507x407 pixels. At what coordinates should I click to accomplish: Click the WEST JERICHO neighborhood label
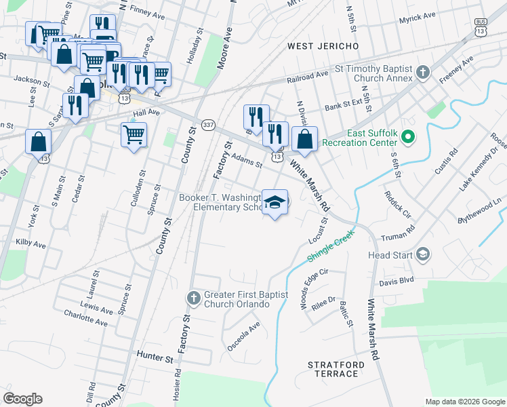click(323, 46)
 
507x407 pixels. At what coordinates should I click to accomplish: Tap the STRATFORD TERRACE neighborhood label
click(336, 369)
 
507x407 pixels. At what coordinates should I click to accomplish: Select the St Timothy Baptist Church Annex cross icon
click(423, 72)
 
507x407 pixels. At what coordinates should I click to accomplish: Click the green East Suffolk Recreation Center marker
click(407, 138)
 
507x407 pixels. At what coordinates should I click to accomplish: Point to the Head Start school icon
click(423, 255)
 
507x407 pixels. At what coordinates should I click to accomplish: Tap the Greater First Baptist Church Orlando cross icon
click(193, 298)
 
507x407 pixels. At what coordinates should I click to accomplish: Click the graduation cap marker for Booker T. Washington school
click(275, 202)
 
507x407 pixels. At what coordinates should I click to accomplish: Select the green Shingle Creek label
click(331, 250)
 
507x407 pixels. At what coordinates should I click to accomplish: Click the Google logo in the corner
click(23, 399)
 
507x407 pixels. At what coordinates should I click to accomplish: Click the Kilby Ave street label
click(31, 242)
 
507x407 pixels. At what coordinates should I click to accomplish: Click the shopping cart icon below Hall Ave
click(134, 134)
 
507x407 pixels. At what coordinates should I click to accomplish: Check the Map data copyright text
click(464, 402)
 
